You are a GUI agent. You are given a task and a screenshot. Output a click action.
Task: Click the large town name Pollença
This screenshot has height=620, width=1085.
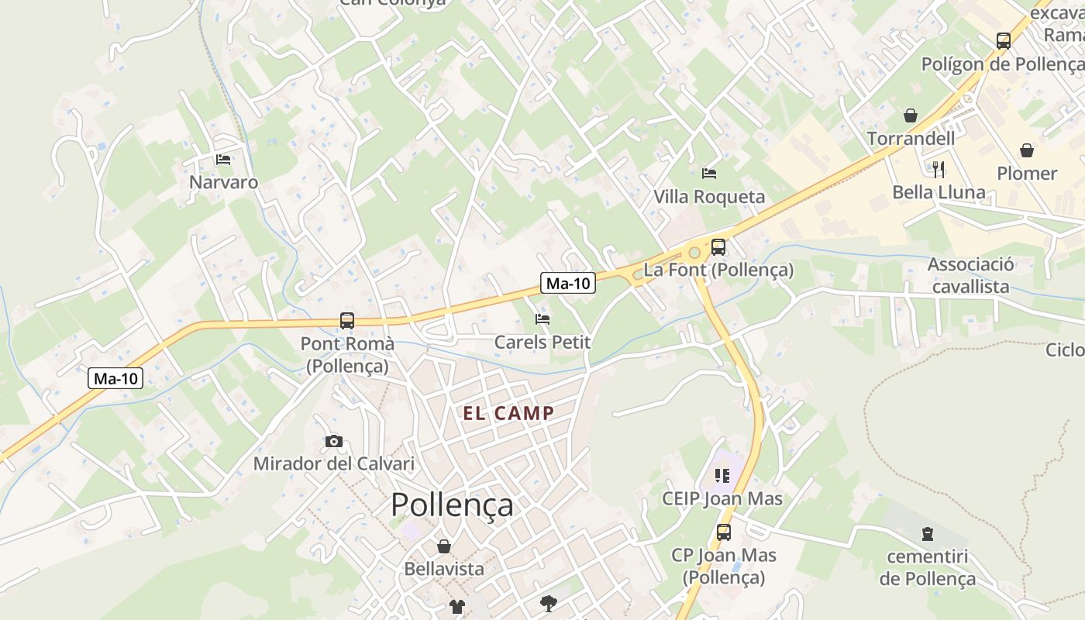[452, 505]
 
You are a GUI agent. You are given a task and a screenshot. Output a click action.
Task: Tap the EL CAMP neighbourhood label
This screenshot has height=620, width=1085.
[509, 413]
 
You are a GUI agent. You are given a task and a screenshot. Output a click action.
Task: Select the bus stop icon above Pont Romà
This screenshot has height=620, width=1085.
[347, 320]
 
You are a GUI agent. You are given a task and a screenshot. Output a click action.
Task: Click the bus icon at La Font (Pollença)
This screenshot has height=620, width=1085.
[718, 247]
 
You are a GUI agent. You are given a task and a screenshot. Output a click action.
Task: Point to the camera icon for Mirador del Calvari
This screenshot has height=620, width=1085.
[334, 441]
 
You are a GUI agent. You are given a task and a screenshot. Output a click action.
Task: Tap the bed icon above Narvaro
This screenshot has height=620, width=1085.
[223, 160]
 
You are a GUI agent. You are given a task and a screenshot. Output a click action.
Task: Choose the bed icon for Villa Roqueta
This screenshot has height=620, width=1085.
[708, 173]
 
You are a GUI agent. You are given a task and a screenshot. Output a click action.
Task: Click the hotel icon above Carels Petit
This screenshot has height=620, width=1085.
[542, 319]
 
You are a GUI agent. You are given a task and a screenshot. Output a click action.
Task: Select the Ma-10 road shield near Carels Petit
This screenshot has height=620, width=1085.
[568, 284]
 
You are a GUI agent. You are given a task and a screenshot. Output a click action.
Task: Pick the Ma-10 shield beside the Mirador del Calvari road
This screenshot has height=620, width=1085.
[115, 378]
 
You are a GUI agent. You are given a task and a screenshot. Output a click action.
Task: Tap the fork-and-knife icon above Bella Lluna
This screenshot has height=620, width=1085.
[939, 169]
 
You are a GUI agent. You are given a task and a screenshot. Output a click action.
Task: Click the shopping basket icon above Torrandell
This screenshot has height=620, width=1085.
[911, 115]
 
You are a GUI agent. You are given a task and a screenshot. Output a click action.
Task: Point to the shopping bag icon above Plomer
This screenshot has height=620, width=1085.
[1027, 150]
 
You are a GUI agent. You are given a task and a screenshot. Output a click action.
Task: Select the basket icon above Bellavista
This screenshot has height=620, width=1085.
[444, 546]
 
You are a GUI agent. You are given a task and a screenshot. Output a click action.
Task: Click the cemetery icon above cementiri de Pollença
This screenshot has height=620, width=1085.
[927, 533]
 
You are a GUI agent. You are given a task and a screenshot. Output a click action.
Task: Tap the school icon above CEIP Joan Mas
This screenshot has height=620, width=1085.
[722, 475]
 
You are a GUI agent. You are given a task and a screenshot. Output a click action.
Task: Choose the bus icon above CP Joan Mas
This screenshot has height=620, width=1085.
[723, 532]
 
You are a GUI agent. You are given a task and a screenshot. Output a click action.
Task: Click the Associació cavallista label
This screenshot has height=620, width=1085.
[971, 275]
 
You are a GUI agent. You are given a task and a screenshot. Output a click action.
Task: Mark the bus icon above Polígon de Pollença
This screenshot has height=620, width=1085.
[1004, 40]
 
